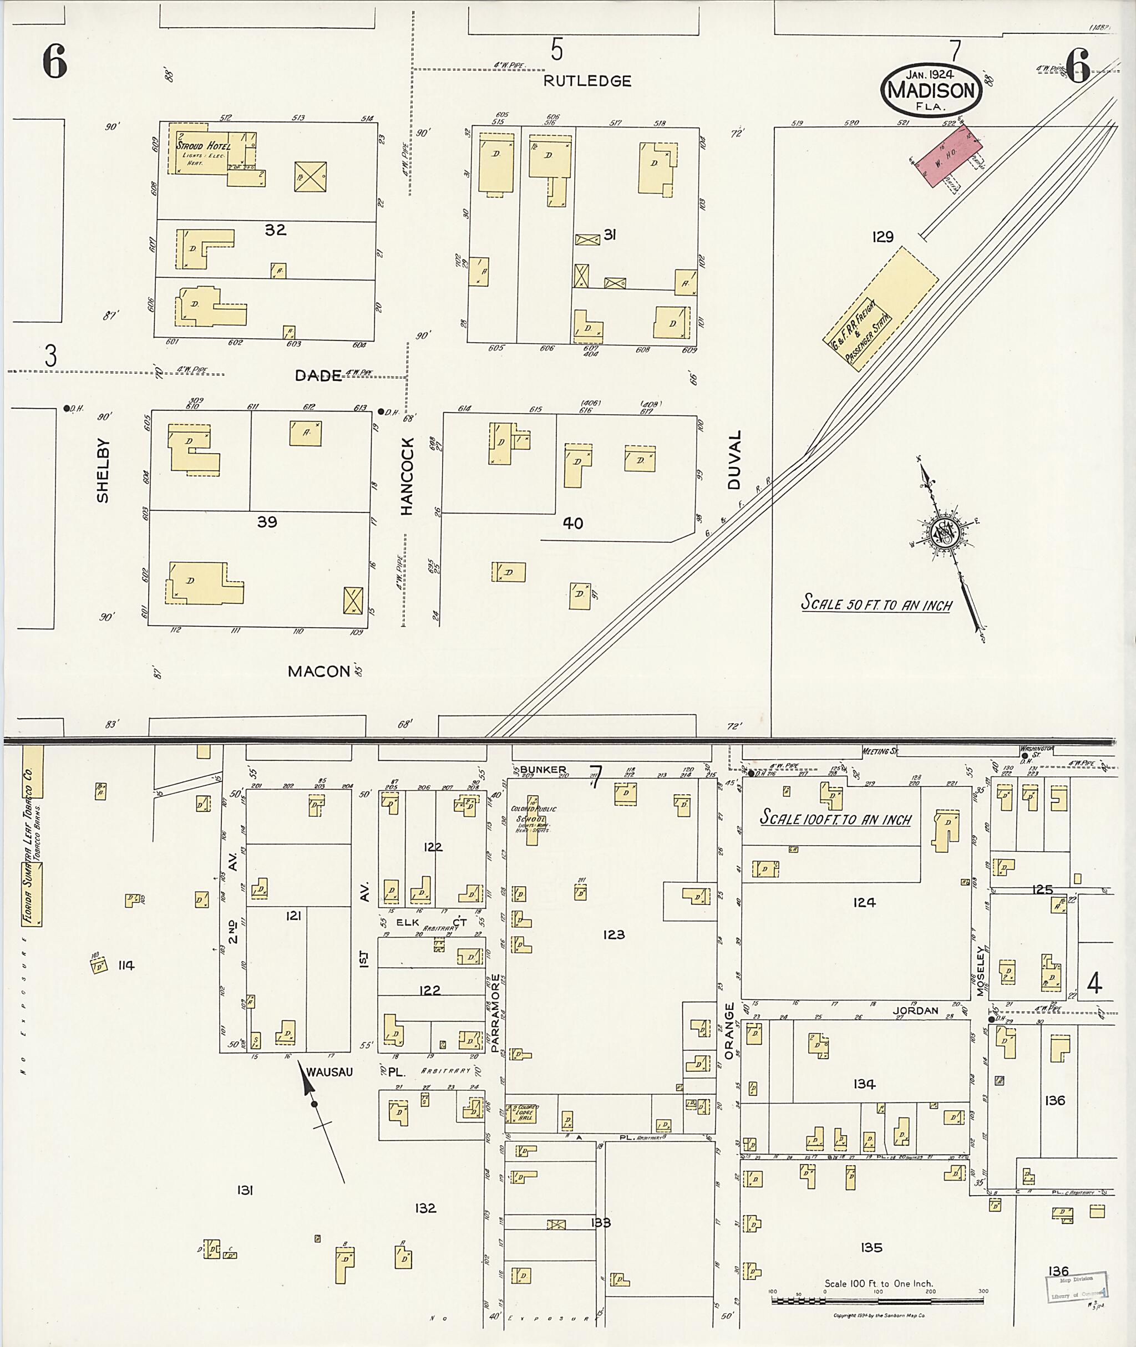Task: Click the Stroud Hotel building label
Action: (203, 146)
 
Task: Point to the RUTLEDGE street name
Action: (587, 81)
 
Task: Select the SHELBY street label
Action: (103, 471)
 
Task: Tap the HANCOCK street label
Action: (407, 476)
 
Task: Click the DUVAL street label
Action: (736, 460)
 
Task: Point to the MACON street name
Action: (319, 672)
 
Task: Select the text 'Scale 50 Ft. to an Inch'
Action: (876, 604)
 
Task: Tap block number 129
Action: (883, 237)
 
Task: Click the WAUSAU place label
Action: (329, 1072)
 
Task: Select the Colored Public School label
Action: (533, 819)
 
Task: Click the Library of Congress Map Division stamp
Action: (1077, 1287)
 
